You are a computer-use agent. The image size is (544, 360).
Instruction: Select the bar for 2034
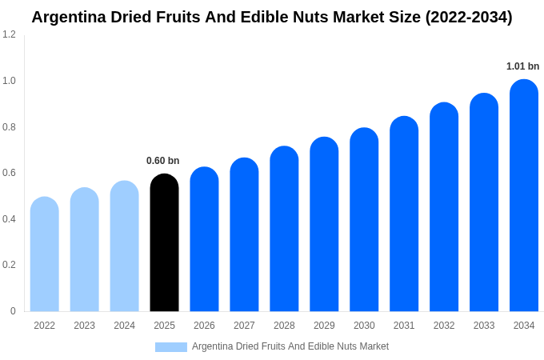point(524,195)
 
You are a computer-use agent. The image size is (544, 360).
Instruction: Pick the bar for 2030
point(364,219)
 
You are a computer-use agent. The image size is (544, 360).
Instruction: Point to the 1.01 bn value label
point(522,66)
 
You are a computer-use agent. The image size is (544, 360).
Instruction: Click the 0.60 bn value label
point(162,161)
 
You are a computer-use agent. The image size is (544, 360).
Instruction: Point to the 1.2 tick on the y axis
point(9,34)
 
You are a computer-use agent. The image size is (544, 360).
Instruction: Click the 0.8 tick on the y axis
point(9,127)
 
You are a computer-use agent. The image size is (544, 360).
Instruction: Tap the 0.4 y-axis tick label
point(9,219)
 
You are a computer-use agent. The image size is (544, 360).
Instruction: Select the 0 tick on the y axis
point(13,311)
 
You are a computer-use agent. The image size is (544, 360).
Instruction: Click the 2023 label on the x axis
point(84,326)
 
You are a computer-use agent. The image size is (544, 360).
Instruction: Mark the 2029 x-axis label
point(324,326)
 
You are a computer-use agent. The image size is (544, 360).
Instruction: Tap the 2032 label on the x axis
point(444,326)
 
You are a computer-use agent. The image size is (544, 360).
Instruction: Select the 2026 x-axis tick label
point(204,326)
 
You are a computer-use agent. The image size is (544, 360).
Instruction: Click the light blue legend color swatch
point(170,347)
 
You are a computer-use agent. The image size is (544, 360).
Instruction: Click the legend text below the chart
point(290,346)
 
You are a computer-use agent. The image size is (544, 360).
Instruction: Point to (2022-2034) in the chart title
point(462,17)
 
